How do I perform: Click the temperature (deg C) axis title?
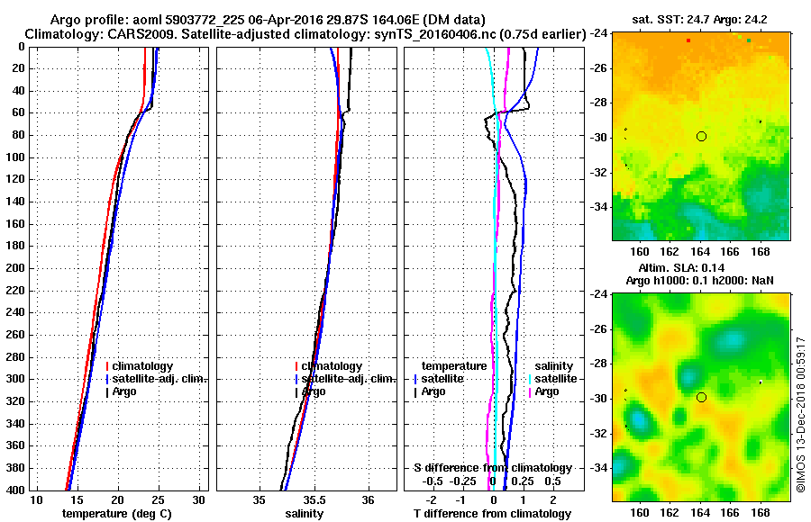tap(116, 514)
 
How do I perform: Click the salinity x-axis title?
tap(304, 514)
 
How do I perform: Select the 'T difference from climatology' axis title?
tap(492, 514)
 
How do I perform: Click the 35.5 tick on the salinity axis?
tap(314, 499)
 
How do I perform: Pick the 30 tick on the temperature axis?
tap(199, 499)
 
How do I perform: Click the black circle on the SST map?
tap(701, 136)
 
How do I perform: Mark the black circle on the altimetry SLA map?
tap(701, 397)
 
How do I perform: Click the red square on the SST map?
tap(688, 40)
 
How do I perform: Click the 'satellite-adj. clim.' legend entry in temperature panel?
tap(159, 379)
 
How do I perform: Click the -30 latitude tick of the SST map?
tap(597, 137)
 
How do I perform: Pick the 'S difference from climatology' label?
tap(492, 468)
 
